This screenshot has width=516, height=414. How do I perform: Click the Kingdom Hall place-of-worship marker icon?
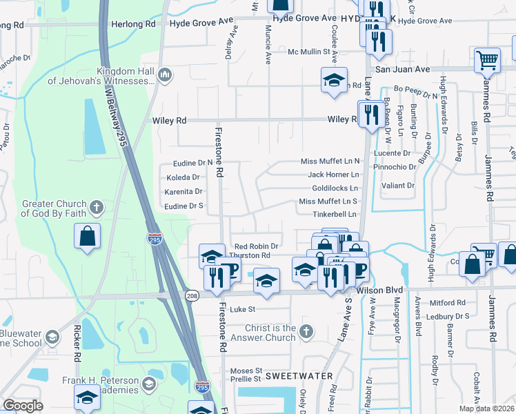(x=165, y=75)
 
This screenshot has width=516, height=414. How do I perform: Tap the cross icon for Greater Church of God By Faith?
(x=97, y=206)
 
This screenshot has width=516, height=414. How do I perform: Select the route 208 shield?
(x=191, y=295)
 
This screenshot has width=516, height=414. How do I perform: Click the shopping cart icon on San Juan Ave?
(x=487, y=61)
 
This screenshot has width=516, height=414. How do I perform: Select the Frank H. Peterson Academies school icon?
(x=149, y=383)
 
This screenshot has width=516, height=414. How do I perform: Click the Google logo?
(x=23, y=405)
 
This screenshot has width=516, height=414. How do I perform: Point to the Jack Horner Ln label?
(x=334, y=175)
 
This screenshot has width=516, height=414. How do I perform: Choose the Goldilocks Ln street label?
(x=335, y=188)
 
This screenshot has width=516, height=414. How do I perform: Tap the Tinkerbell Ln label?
(x=335, y=215)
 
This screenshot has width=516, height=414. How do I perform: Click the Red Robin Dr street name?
(x=255, y=246)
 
